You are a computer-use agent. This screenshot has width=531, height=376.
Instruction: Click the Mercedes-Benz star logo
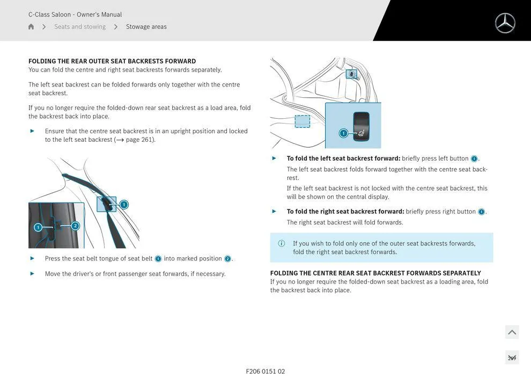(x=505, y=23)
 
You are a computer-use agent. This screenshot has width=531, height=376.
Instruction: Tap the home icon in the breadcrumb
(x=31, y=27)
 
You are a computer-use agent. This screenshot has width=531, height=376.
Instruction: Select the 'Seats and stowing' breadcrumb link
(x=80, y=27)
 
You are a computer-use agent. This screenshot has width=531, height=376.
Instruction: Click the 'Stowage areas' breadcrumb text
(x=146, y=27)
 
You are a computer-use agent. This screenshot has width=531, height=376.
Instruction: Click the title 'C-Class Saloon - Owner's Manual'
(x=75, y=15)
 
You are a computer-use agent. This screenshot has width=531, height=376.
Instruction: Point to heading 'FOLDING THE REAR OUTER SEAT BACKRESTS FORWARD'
(x=112, y=61)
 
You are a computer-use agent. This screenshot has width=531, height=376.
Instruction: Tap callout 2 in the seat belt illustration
(x=75, y=226)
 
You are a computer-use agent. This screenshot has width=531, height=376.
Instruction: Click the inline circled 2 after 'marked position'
(x=227, y=259)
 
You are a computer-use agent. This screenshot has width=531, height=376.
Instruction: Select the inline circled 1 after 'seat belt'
(x=158, y=259)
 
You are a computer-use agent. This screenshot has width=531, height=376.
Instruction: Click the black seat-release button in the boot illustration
(x=361, y=127)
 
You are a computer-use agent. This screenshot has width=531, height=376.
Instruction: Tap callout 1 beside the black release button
(x=343, y=133)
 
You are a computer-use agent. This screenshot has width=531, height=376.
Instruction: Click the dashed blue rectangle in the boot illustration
(x=303, y=121)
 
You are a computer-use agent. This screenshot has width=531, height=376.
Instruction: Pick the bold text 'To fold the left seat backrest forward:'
(x=343, y=158)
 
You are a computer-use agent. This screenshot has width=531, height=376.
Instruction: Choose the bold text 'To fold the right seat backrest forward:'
(x=345, y=212)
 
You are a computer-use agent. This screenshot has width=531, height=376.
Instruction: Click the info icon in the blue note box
(x=282, y=243)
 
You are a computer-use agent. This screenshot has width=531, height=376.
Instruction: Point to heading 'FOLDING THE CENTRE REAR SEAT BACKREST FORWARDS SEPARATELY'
(x=375, y=273)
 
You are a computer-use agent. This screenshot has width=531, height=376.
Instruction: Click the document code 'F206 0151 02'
(x=265, y=371)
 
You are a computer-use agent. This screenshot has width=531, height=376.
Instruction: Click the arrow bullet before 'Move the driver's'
(x=32, y=273)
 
